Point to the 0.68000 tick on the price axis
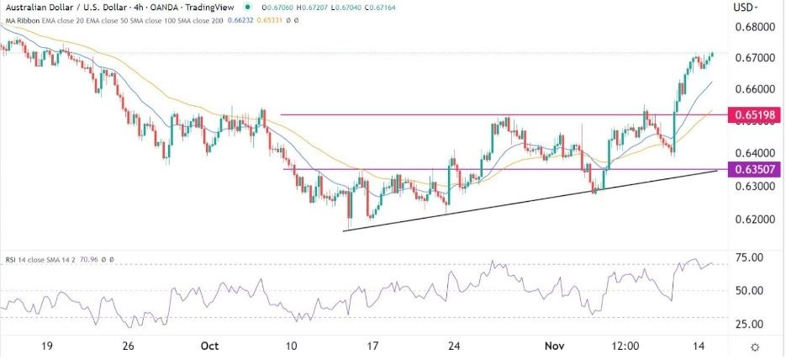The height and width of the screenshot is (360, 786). (752, 27)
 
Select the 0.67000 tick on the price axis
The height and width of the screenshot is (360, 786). (752, 58)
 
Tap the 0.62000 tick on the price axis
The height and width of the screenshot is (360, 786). (752, 219)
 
